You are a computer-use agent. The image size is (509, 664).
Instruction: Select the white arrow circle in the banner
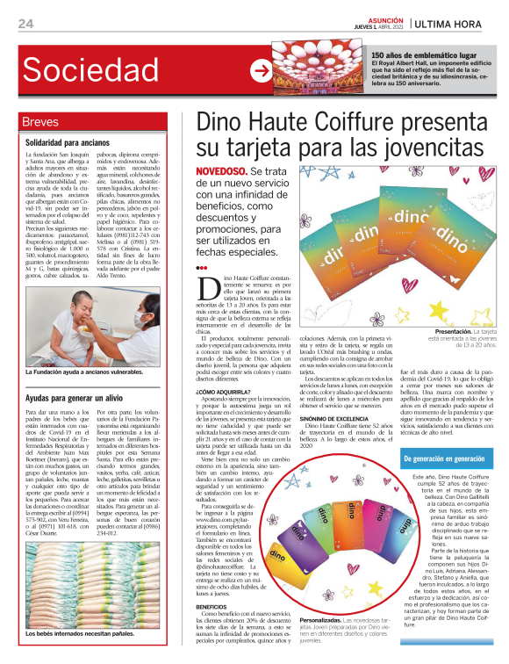pos(262,70)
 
